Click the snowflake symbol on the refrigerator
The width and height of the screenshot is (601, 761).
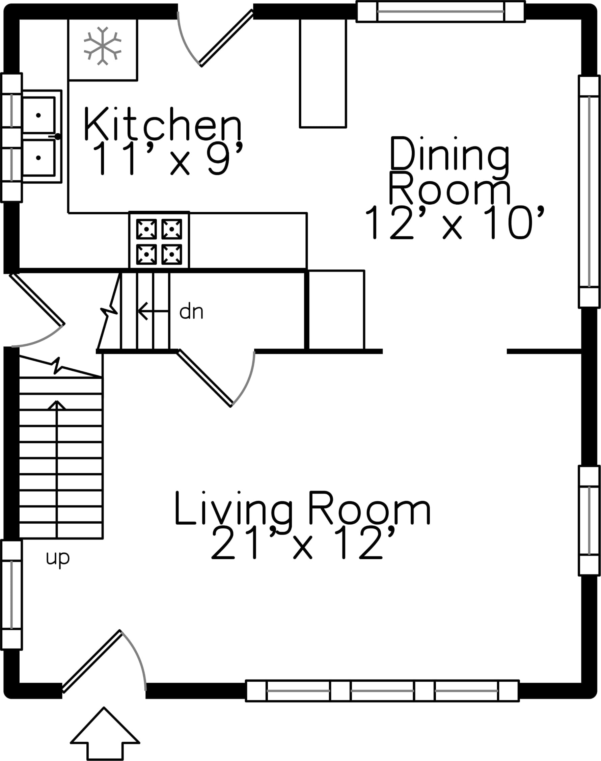click(x=102, y=46)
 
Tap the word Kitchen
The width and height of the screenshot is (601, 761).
click(x=163, y=124)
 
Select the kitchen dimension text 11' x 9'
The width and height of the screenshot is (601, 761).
click(x=168, y=158)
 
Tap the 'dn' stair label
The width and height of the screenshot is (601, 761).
click(x=191, y=312)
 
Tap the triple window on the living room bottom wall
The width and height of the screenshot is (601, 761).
click(x=382, y=690)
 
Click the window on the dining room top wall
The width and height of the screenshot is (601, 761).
click(x=441, y=11)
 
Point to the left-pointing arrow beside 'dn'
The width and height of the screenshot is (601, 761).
click(x=154, y=311)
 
